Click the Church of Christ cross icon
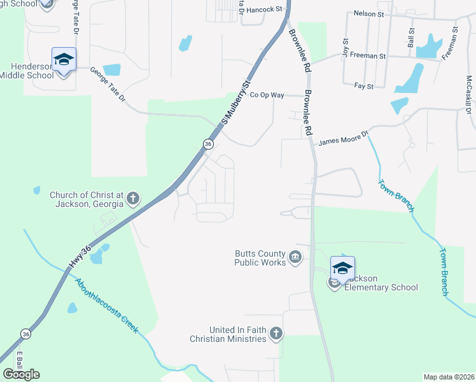point(133,199)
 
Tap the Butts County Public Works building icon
point(295,257)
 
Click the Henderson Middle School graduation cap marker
point(64,60)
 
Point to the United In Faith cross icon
point(276,333)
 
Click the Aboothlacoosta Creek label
point(106,306)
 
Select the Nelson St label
point(368,13)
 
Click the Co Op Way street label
point(266,95)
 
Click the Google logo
point(21,374)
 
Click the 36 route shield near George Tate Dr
point(208,145)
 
